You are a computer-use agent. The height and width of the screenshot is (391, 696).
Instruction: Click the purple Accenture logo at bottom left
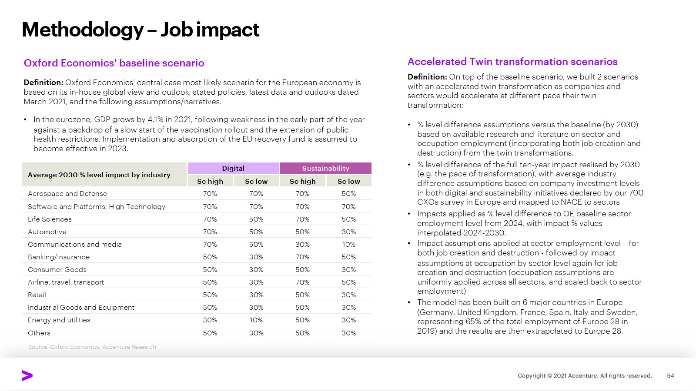click(x=27, y=376)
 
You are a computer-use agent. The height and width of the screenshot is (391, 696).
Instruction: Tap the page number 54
click(x=670, y=376)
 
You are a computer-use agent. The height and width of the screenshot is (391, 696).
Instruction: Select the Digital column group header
click(x=233, y=168)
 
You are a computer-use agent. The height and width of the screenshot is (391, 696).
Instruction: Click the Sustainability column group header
click(x=325, y=168)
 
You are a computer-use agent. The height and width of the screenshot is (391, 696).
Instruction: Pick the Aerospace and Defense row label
click(x=67, y=194)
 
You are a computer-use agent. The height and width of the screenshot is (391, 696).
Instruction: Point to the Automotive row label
click(x=47, y=232)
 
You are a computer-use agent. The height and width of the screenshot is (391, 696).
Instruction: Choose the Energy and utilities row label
click(x=59, y=320)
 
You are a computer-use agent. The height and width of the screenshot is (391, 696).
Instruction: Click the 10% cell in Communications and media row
click(x=348, y=245)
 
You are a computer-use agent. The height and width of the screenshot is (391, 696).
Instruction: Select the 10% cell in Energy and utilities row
click(x=256, y=320)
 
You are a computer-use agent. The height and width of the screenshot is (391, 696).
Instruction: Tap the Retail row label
click(x=37, y=295)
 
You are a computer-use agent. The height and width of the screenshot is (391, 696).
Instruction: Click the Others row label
click(x=39, y=333)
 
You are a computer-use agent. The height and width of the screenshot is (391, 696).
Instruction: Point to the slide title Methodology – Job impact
click(x=141, y=30)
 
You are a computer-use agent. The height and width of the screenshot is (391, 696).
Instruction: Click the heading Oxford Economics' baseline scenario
click(x=114, y=63)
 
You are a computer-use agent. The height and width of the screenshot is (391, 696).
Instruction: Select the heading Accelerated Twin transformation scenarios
click(x=512, y=62)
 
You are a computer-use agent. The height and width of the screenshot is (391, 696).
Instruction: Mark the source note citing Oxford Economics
click(x=92, y=347)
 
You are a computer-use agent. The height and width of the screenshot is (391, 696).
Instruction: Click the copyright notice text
click(x=585, y=376)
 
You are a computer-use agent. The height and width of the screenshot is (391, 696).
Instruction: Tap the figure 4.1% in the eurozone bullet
click(x=156, y=119)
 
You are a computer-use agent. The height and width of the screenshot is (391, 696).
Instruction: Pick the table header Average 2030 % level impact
click(x=99, y=175)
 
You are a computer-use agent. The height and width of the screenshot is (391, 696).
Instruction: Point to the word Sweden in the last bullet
click(x=622, y=312)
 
